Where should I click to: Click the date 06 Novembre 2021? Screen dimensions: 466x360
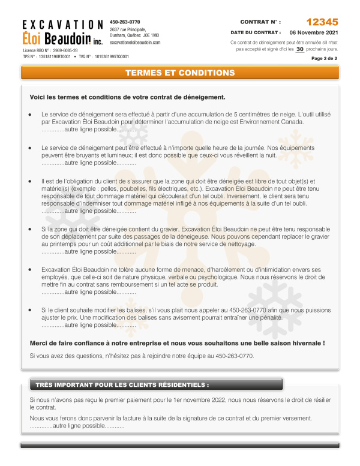coord(313,32)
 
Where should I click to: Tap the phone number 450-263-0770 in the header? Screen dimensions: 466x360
coord(125,21)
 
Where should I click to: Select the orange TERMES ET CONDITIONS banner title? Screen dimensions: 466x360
coord(180,73)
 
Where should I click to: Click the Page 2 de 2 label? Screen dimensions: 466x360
coord(324,59)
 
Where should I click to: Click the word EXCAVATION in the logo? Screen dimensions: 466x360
coord(62,25)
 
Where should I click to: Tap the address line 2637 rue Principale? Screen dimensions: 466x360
coord(128,29)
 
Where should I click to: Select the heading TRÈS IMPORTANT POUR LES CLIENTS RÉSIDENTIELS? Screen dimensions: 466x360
coord(122,384)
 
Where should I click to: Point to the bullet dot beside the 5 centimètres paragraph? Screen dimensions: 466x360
coord(30,114)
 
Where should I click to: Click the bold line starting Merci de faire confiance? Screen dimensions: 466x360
coord(177,343)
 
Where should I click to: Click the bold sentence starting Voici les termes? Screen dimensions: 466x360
coord(127,97)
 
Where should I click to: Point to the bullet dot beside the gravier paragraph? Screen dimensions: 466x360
coord(30,229)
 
